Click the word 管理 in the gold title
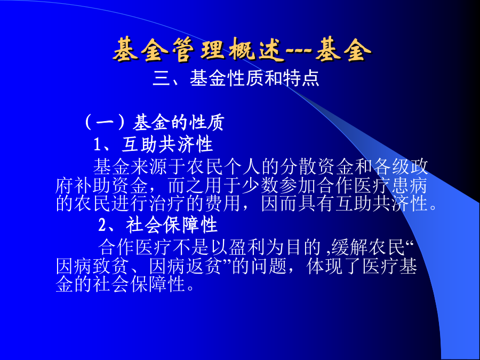[x=199, y=50]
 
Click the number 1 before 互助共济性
[x=97, y=145]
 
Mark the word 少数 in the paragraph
[x=260, y=186]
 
